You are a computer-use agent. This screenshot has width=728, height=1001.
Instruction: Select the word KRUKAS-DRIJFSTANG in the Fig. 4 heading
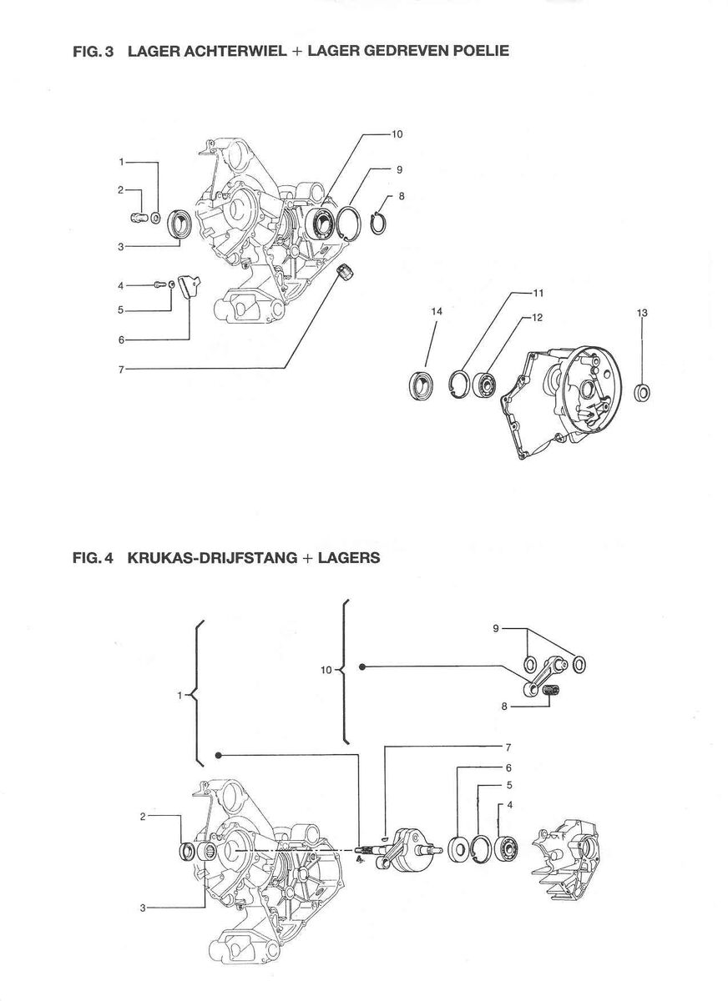pyautogui.click(x=212, y=558)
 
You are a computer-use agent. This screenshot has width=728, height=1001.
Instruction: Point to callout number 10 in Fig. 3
pyautogui.click(x=397, y=133)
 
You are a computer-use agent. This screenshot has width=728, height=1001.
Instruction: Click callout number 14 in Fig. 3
pyautogui.click(x=436, y=311)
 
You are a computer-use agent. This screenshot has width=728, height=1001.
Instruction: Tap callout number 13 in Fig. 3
pyautogui.click(x=642, y=313)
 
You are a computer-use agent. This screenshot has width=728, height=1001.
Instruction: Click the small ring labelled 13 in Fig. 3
pyautogui.click(x=643, y=392)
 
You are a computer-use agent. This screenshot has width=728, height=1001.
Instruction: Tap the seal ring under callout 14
pyautogui.click(x=423, y=385)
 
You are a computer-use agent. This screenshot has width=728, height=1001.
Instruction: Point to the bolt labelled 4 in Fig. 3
pyautogui.click(x=159, y=285)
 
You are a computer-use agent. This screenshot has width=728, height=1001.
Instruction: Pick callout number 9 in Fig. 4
pyautogui.click(x=495, y=628)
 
